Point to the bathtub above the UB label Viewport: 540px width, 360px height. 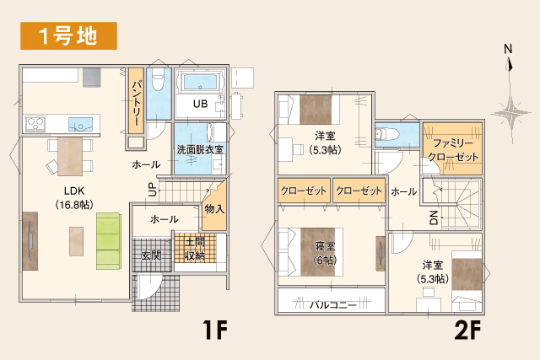[199, 83]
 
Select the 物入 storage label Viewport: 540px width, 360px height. [214, 208]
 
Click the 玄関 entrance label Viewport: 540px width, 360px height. [152, 254]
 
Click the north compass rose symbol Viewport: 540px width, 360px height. [509, 110]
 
